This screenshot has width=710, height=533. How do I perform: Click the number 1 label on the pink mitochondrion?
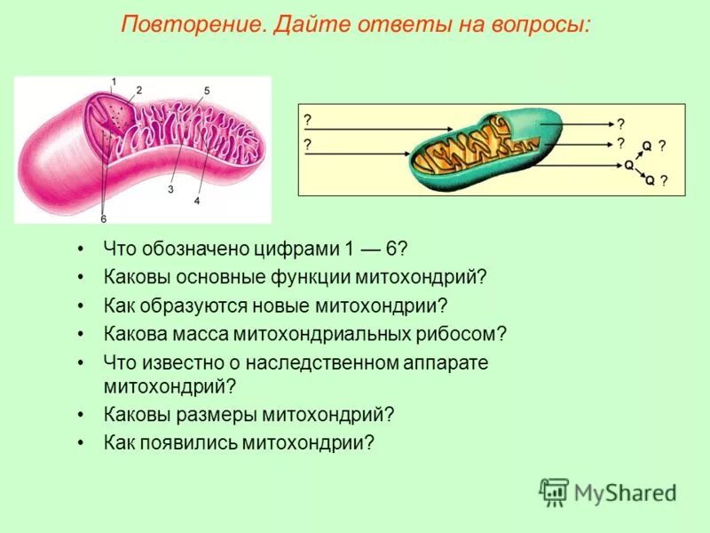[114, 82]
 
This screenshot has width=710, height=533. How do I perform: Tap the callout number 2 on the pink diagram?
[138, 90]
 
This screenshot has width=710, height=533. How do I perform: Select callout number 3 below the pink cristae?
[170, 189]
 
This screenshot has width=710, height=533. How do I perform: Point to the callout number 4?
[197, 201]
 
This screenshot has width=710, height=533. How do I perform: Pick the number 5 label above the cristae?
[206, 91]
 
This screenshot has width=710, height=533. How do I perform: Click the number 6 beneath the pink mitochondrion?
[103, 219]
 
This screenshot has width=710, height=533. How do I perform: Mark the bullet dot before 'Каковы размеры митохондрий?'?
[81, 415]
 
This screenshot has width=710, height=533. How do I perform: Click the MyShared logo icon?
[554, 491]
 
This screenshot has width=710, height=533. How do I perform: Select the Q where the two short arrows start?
[628, 164]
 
